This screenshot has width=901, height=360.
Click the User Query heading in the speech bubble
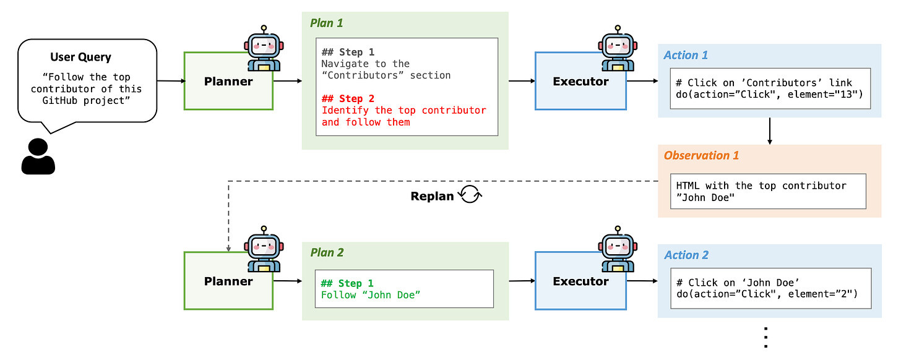(80, 57)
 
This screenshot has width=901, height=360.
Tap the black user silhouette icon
(38, 156)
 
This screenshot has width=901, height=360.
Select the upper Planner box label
(228, 81)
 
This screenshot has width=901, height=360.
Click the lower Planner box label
(228, 281)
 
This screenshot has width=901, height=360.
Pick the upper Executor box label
(580, 81)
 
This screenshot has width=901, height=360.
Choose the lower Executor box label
(580, 281)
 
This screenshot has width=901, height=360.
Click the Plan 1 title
(326, 23)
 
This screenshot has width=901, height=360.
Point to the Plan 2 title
(327, 252)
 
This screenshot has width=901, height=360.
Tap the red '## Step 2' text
(348, 98)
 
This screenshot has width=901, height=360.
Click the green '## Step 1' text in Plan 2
(347, 283)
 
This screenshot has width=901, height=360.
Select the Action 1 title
(686, 55)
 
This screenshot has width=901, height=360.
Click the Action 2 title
(686, 255)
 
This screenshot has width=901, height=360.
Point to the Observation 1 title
(701, 155)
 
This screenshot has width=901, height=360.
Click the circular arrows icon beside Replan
(470, 195)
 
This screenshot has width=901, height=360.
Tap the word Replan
(432, 196)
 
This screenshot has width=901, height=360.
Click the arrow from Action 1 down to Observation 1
(769, 131)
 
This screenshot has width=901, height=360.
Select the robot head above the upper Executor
(618, 45)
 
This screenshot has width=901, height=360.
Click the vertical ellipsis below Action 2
(765, 338)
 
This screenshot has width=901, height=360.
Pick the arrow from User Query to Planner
(171, 81)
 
